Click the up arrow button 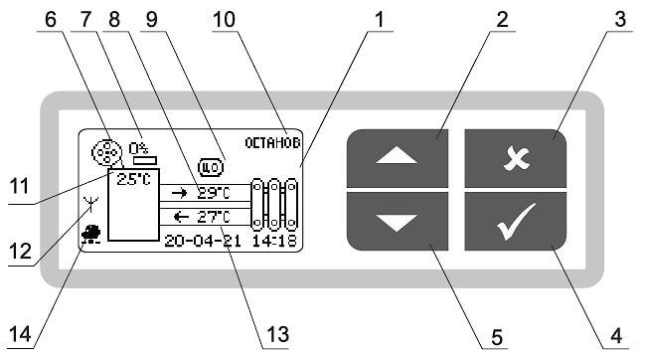point(398,158)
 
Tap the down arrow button point(398,222)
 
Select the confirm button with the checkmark point(516,222)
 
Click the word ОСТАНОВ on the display point(272,143)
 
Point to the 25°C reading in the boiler point(134,179)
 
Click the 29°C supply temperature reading point(214,193)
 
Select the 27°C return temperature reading point(214,217)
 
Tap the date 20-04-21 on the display point(203,241)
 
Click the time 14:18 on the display point(274,241)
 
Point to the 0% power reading point(138,148)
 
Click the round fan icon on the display point(106,152)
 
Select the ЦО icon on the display point(211,167)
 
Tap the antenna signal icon point(90,204)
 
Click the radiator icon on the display point(274,205)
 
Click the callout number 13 point(277,334)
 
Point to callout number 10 point(224,19)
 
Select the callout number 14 point(20,334)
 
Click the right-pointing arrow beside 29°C point(179,193)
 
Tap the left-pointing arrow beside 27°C point(181,217)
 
